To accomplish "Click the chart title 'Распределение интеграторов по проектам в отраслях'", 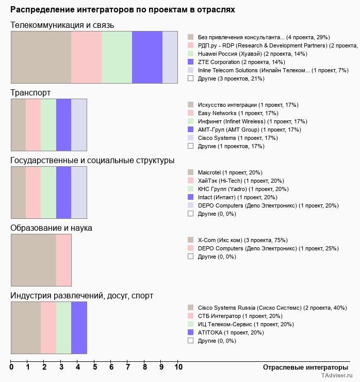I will pyautogui.click(x=123, y=9).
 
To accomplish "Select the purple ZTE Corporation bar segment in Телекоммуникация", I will pyautogui.click(x=147, y=57).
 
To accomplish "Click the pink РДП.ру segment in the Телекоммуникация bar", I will pyautogui.click(x=86, y=57).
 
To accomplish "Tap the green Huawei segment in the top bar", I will pyautogui.click(x=117, y=57).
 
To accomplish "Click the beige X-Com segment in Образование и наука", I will pyautogui.click(x=34, y=260).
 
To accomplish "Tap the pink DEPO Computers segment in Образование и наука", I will pyautogui.click(x=63, y=260).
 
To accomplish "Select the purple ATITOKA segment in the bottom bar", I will pyautogui.click(x=79, y=328).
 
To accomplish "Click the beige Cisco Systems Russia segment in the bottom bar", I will pyautogui.click(x=26, y=328).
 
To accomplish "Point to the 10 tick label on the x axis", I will pyautogui.click(x=178, y=368).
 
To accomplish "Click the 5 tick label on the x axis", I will pyautogui.click(x=94, y=368).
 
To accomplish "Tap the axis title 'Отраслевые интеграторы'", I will pyautogui.click(x=302, y=367).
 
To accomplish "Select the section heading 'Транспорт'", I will pyautogui.click(x=30, y=93).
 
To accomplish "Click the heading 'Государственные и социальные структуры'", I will pyautogui.click(x=92, y=161).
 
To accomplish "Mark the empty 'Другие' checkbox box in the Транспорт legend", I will pyautogui.click(x=190, y=146).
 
